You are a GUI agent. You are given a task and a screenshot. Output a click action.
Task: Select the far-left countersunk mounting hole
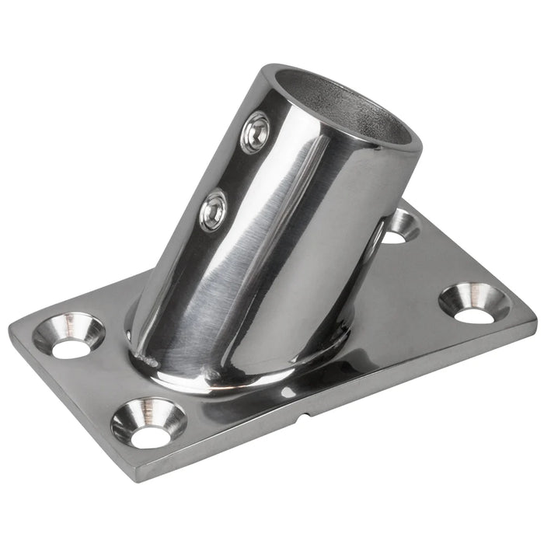(69, 335)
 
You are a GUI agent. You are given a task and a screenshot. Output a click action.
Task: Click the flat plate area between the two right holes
(435, 264)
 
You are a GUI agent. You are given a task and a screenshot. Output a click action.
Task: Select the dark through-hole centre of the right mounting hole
(474, 315)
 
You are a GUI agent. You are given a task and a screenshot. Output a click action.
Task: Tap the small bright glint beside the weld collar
(288, 393)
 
